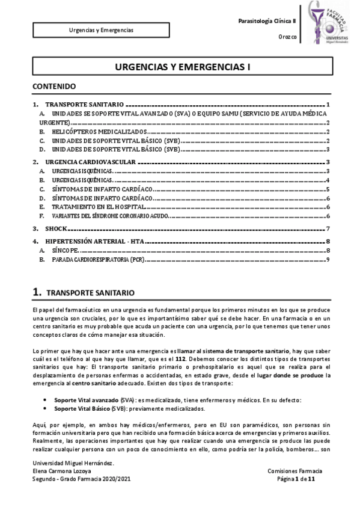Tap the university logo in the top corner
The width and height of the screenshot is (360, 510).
329,24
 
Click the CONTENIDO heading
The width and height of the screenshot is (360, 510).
54,86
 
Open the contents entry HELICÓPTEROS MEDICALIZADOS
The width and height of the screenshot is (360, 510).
99,131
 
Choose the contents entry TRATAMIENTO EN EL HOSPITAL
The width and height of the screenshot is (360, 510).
98,206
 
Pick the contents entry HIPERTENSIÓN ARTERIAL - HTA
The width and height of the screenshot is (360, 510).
96,242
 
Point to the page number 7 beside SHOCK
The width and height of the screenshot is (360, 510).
328,229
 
